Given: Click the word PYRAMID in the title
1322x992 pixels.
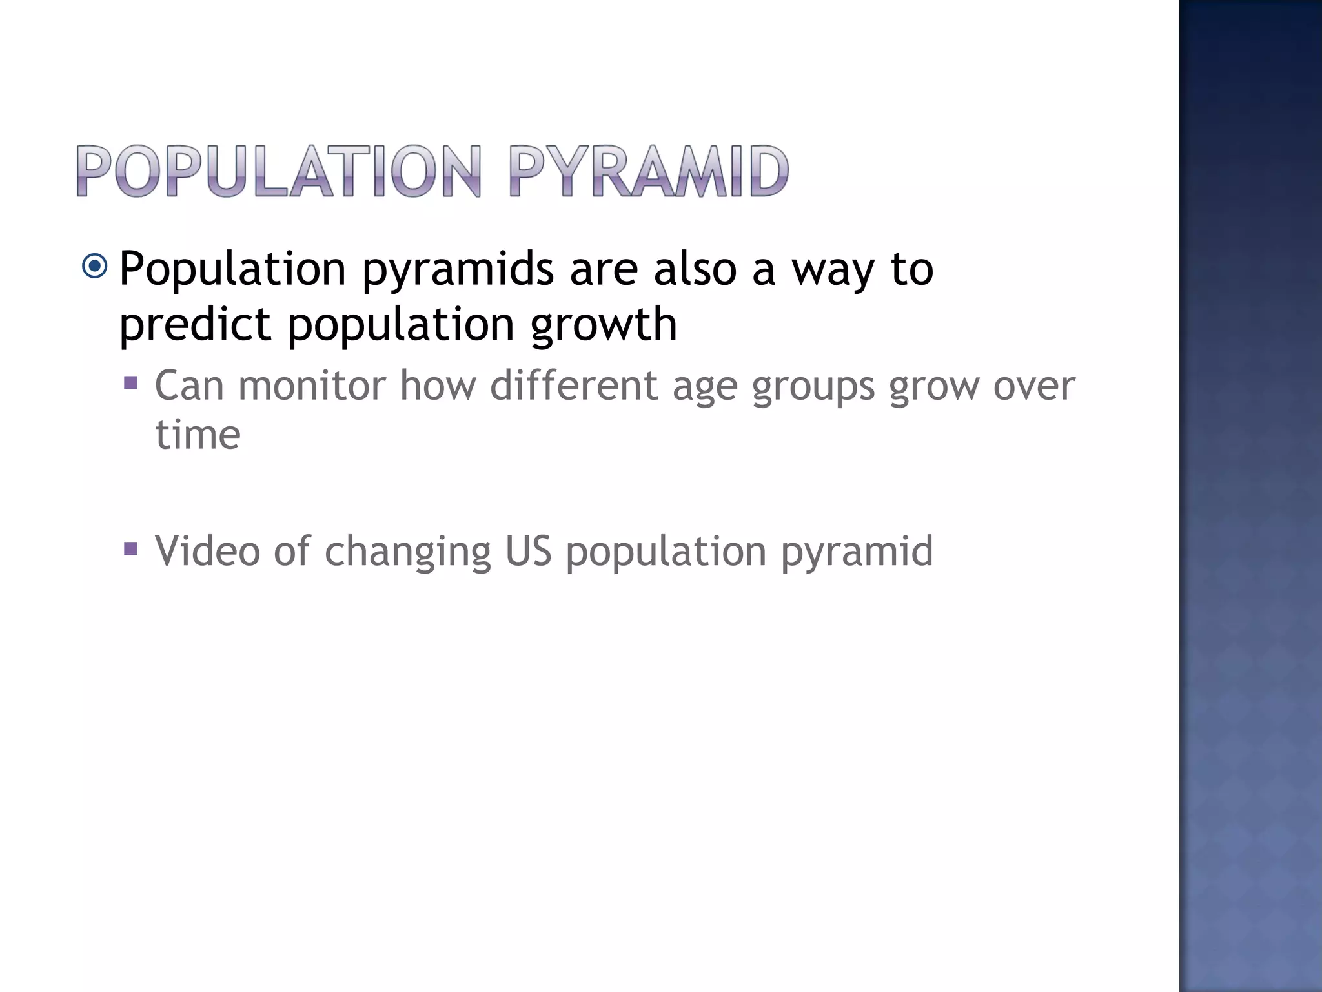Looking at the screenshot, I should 649,171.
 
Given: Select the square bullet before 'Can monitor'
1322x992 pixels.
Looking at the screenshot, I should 130,384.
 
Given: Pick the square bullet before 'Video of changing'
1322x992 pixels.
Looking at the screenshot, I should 130,550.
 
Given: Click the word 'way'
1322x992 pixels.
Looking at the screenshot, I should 833,270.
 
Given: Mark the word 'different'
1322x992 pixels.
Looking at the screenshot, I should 573,386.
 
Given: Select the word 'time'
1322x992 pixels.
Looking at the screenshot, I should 198,435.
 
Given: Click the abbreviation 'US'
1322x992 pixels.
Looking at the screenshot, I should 528,551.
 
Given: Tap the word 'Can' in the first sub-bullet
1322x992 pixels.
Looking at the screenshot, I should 189,386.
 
